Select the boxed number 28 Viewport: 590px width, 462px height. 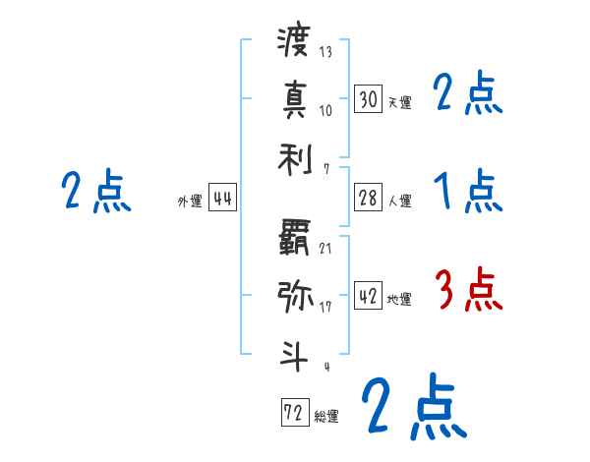point(368,199)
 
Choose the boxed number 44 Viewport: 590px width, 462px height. point(223,199)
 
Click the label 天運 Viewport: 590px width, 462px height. point(399,101)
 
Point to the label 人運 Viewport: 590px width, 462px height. point(399,202)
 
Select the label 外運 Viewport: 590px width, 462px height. point(190,202)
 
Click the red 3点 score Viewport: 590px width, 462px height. point(468,289)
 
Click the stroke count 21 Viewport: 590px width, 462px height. point(325,247)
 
